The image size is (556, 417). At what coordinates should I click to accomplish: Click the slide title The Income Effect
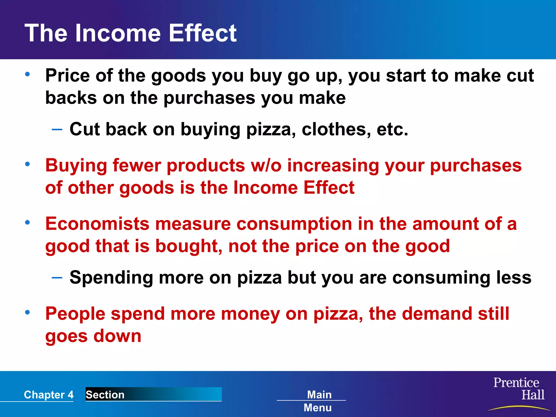(130, 33)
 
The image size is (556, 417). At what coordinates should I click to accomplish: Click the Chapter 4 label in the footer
(49, 395)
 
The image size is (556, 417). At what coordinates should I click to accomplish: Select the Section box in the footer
(153, 394)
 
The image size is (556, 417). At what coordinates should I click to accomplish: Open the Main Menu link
(318, 401)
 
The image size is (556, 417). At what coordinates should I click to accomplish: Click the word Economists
(97, 224)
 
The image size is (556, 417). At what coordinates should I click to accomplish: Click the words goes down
(93, 336)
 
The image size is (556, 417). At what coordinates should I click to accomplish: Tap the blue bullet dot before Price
(27, 74)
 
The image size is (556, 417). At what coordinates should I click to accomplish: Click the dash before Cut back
(57, 129)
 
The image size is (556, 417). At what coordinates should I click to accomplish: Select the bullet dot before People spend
(27, 312)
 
